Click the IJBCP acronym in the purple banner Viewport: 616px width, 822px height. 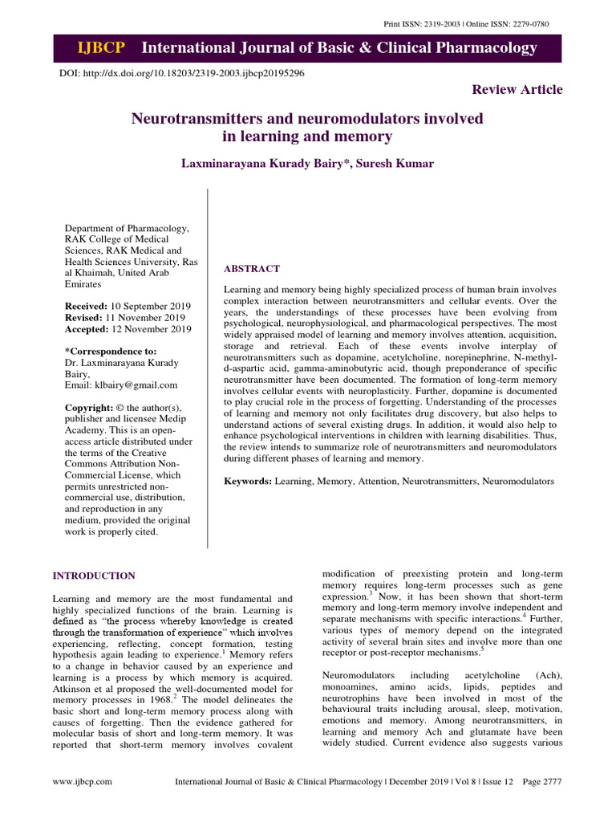[100, 48]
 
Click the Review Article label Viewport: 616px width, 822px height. [517, 89]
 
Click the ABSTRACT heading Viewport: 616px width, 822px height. [251, 268]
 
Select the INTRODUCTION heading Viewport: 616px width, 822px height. [94, 576]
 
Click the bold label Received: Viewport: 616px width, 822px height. [87, 307]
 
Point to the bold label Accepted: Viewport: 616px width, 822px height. [87, 329]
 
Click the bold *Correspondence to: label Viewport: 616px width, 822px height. [110, 351]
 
